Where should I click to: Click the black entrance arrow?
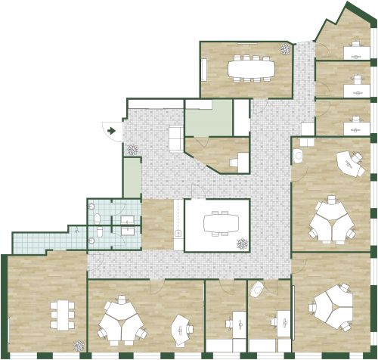click(111, 131)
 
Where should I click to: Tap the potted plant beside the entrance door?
click(133, 150)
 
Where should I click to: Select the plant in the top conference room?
click(285, 50)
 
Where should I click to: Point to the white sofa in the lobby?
click(175, 138)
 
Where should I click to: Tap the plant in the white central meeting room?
click(242, 244)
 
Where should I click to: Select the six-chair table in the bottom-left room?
click(60, 312)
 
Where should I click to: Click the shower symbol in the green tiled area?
click(76, 228)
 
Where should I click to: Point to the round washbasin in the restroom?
click(91, 241)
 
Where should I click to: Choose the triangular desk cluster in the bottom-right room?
click(330, 306)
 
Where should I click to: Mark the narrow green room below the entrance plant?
click(132, 178)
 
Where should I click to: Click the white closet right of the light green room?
click(241, 116)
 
